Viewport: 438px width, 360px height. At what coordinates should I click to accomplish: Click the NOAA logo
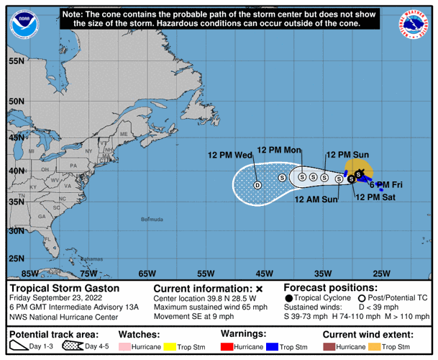24,24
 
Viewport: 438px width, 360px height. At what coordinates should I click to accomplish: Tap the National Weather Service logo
413,24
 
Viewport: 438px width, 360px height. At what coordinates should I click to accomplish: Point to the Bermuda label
152,219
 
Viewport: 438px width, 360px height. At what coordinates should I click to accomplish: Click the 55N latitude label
17,61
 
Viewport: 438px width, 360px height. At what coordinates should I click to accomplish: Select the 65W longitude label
147,274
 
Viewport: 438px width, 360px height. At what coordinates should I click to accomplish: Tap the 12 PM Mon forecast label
278,150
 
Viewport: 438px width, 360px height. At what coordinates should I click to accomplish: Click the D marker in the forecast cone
257,185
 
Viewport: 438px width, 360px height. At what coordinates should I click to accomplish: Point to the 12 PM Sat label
375,196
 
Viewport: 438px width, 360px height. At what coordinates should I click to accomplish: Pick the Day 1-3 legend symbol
17,347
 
